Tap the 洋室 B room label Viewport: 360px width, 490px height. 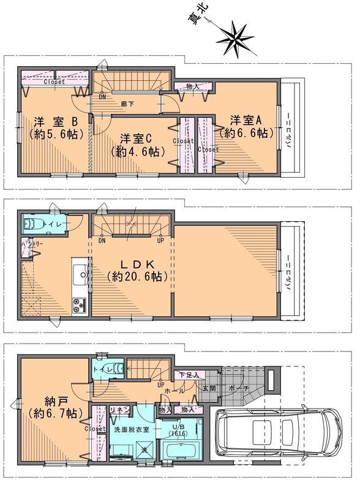[x=54, y=120]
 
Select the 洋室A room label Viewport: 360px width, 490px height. [x=246, y=119]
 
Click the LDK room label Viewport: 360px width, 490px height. [x=136, y=265]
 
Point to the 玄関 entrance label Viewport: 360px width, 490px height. [x=208, y=388]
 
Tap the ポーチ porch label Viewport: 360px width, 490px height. [x=240, y=388]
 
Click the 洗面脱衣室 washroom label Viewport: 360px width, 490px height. [x=132, y=429]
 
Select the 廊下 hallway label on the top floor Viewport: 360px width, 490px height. [x=128, y=104]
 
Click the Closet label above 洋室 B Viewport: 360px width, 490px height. [x=55, y=81]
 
